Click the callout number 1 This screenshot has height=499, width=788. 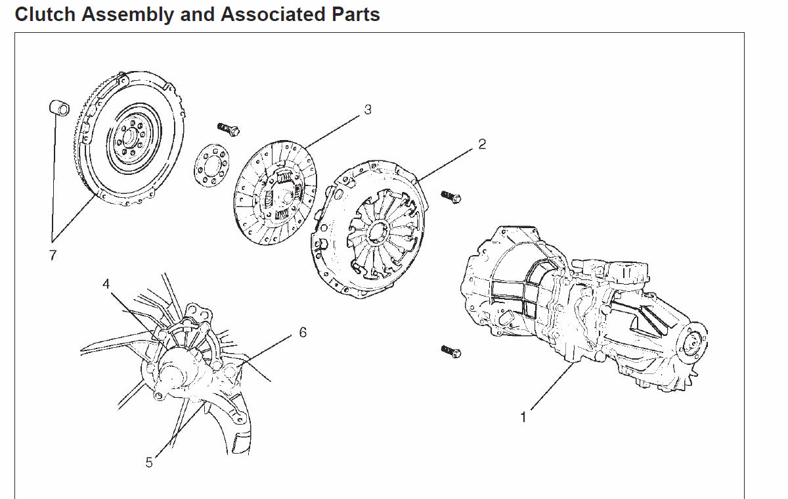tap(523, 417)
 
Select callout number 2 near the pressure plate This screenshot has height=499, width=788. tap(482, 144)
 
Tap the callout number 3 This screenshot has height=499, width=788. tap(368, 110)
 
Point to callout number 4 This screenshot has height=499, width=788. tap(106, 284)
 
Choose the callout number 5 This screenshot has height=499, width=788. tap(149, 463)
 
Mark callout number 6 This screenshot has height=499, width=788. tap(303, 333)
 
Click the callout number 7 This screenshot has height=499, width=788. tap(53, 256)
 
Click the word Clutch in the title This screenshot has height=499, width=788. tap(45, 14)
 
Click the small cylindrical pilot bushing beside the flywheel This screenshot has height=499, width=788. tap(58, 107)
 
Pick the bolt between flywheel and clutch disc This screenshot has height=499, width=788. tap(228, 128)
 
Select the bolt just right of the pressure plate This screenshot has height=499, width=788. tap(451, 197)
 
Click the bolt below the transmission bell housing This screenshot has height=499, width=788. tap(451, 352)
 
